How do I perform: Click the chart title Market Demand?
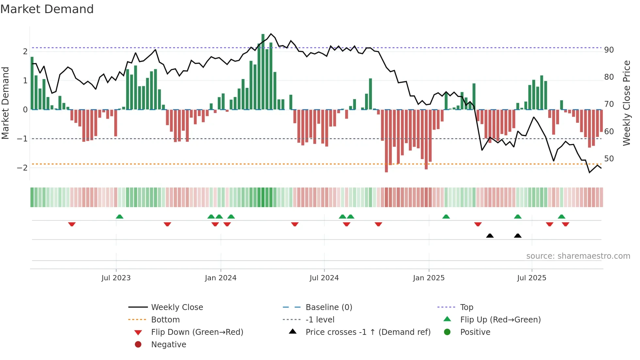[x=47, y=9]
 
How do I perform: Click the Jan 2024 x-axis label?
[x=220, y=278]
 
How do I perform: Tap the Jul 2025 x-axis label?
[x=531, y=278]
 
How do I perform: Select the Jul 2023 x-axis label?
[x=116, y=278]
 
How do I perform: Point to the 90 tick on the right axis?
[x=609, y=50]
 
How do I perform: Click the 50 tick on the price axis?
[x=609, y=159]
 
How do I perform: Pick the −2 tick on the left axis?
[x=22, y=168]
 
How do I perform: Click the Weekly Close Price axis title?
[x=626, y=103]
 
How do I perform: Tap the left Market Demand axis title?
[x=6, y=103]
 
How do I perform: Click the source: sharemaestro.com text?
[x=578, y=256]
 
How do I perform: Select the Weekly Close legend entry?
[x=177, y=307]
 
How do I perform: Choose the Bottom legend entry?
[x=165, y=320]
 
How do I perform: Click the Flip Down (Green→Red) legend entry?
[x=197, y=332]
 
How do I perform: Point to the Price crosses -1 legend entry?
[x=368, y=332]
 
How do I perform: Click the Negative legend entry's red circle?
[x=138, y=345]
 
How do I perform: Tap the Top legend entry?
[x=466, y=307]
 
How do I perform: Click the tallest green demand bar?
[x=263, y=72]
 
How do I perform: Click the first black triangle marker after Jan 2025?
[x=490, y=236]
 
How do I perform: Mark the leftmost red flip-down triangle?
[x=72, y=224]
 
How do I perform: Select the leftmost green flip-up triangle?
[x=120, y=217]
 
